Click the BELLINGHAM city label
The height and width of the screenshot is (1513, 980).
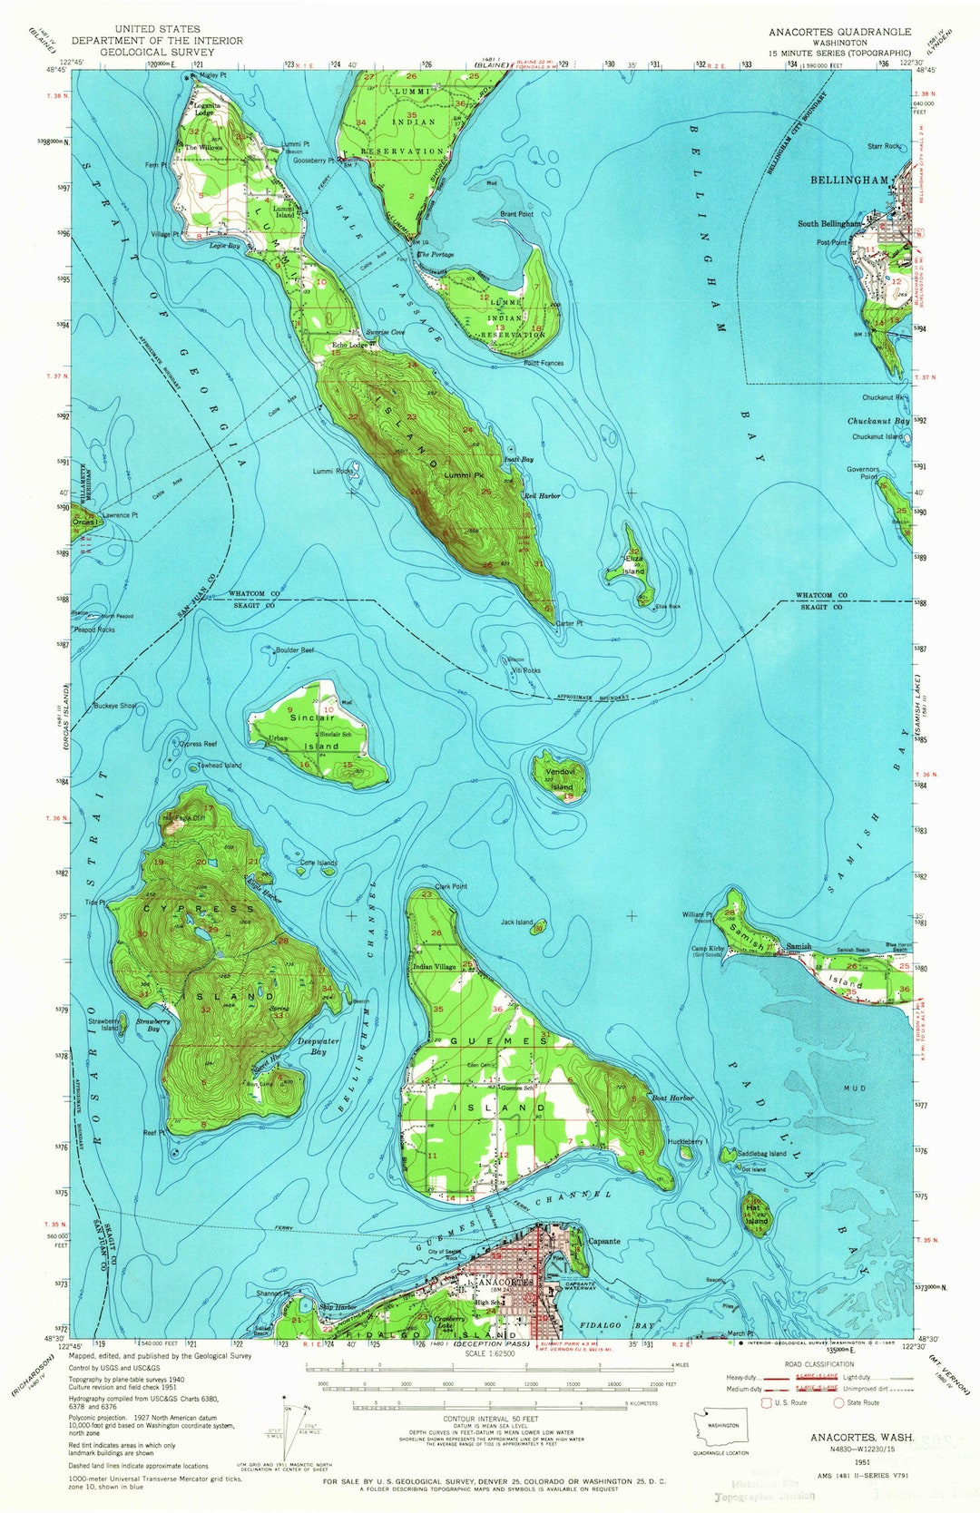pos(848,181)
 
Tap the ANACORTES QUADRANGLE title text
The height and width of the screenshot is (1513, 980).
pos(839,32)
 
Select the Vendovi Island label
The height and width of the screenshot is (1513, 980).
pos(561,781)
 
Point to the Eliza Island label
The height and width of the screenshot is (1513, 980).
pos(633,565)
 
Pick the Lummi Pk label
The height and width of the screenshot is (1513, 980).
pos(462,475)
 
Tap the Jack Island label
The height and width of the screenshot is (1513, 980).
pos(516,922)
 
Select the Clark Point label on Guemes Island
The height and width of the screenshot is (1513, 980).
pos(451,886)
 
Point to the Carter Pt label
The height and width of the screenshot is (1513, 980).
pos(568,624)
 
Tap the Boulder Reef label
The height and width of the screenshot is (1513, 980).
pos(294,650)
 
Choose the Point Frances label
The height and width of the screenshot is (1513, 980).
pos(544,363)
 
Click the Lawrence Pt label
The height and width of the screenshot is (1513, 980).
pos(120,515)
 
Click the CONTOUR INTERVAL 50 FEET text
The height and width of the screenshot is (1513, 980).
pos(490,1419)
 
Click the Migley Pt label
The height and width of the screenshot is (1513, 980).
pos(211,76)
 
